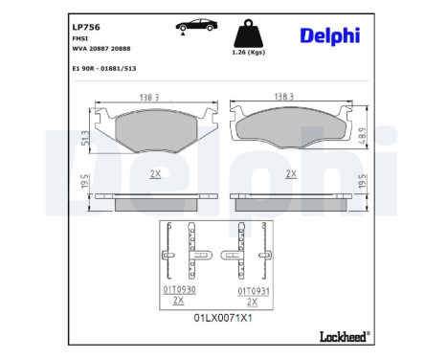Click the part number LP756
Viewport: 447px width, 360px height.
click(87, 15)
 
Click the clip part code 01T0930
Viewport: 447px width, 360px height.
click(178, 288)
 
